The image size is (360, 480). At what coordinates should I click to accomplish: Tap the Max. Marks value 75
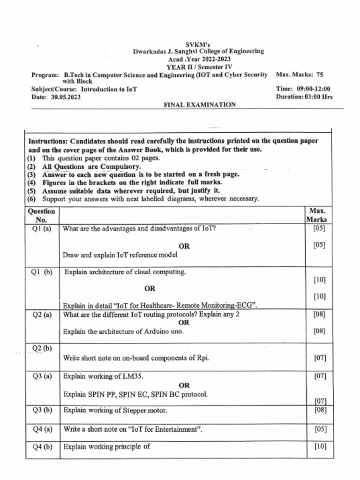(x=319, y=75)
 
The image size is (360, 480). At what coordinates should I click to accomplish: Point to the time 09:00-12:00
(x=314, y=89)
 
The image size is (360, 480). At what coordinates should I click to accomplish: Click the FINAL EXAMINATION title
(x=199, y=105)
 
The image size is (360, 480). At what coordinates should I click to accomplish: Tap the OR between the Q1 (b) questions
(x=150, y=289)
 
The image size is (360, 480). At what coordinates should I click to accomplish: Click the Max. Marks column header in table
(x=317, y=215)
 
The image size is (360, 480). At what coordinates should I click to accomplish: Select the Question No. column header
(x=42, y=215)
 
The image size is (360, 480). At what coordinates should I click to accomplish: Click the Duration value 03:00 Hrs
(x=317, y=97)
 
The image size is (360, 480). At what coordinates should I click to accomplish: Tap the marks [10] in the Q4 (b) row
(x=320, y=447)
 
